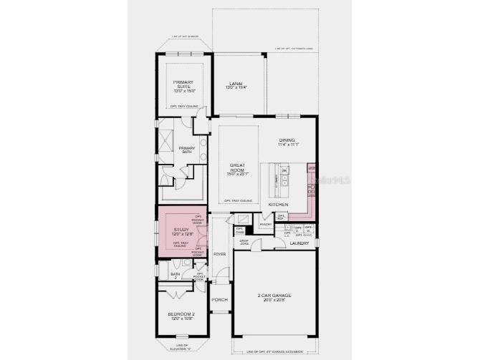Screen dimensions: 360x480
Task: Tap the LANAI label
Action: point(237,84)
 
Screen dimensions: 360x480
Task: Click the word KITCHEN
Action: point(278,205)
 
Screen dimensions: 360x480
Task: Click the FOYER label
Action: point(219,254)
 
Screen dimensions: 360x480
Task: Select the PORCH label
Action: point(219,299)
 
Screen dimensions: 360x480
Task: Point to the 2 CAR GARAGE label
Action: point(274,295)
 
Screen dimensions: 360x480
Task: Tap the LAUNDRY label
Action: point(299,244)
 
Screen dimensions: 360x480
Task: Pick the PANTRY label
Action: point(265,224)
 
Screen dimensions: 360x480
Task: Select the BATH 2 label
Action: point(175,276)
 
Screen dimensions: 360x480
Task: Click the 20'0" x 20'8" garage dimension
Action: point(274,300)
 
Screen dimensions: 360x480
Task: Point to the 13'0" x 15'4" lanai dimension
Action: point(237,89)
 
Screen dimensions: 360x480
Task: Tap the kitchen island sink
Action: point(284,183)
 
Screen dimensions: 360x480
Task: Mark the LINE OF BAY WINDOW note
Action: point(184,37)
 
